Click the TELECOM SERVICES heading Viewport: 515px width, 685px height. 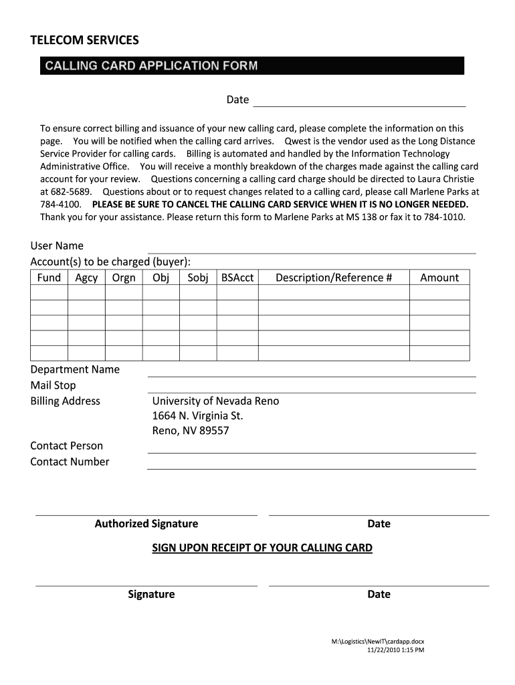[x=85, y=41]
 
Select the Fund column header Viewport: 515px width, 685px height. [x=49, y=278]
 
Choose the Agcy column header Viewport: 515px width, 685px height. [x=86, y=278]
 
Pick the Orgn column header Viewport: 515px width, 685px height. [x=124, y=278]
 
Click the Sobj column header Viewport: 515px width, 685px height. [x=198, y=278]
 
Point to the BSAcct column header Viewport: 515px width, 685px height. [x=237, y=278]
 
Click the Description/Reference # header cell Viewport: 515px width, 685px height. [x=334, y=278]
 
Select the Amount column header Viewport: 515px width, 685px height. [x=439, y=278]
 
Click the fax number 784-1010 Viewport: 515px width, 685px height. [x=443, y=217]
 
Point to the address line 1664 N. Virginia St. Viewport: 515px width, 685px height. [x=198, y=416]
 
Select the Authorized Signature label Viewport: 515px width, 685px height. [x=146, y=524]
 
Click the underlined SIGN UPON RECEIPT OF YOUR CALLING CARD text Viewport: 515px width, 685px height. [x=262, y=548]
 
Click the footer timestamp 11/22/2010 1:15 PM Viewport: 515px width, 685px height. [x=396, y=650]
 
